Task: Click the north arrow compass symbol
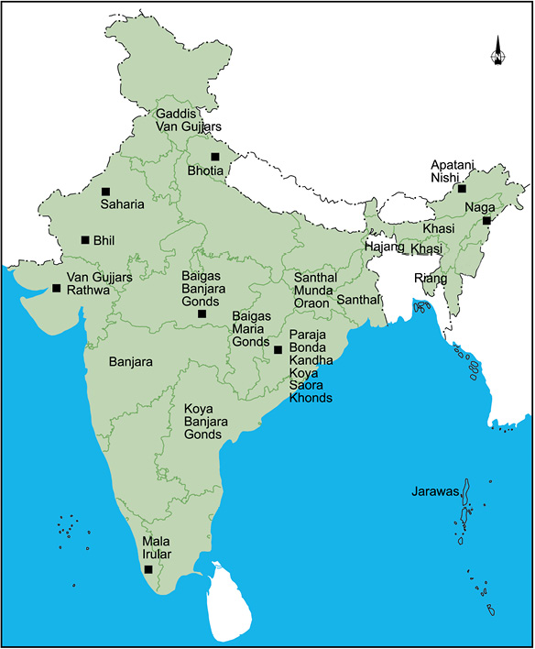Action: click(x=497, y=52)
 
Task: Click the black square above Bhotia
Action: click(x=215, y=157)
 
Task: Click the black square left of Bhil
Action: click(x=85, y=240)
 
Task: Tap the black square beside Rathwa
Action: click(x=57, y=289)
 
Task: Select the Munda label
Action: click(x=312, y=290)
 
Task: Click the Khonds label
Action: click(x=311, y=398)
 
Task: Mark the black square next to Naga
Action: click(x=487, y=221)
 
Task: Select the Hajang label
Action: click(x=385, y=247)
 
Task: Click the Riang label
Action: click(x=431, y=277)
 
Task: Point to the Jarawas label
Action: click(x=435, y=492)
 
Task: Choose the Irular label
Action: click(x=157, y=554)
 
